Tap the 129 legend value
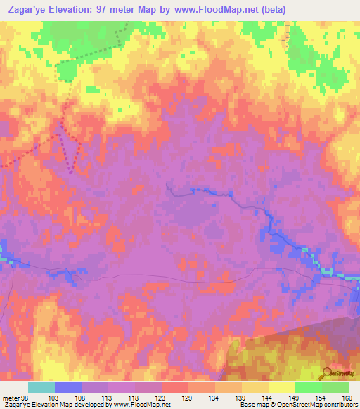coord(188,398)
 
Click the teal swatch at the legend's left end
coord(41,387)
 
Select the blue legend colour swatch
coord(67,387)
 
